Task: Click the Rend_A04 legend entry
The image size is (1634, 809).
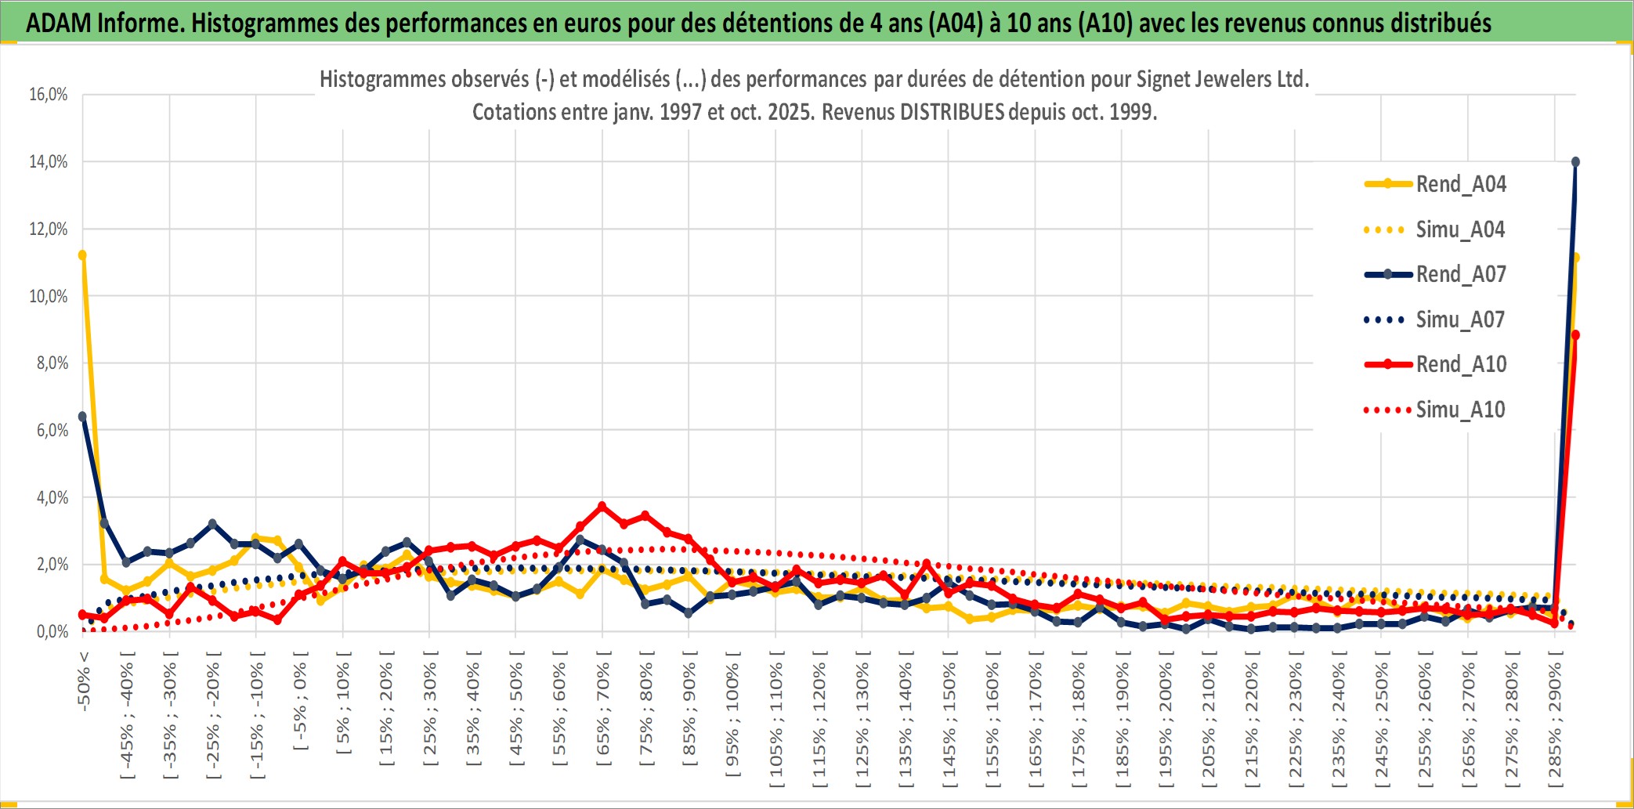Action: click(1460, 184)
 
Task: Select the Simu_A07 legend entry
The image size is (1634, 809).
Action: click(1460, 320)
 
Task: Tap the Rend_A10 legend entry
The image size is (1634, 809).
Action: click(1461, 364)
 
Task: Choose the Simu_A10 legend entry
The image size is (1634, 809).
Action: click(1460, 410)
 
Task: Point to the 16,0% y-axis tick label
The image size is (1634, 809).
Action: click(49, 95)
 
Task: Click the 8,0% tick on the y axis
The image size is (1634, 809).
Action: click(52, 363)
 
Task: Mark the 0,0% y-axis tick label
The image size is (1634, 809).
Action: click(52, 632)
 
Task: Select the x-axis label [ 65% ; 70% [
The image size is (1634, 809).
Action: click(603, 710)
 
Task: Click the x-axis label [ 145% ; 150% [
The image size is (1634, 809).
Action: click(949, 719)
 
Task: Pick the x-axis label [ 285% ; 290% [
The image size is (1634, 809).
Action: click(1556, 719)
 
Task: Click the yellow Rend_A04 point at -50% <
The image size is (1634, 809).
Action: click(82, 255)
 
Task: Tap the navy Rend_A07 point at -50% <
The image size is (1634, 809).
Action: click(82, 417)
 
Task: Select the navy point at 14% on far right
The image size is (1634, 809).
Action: click(1575, 162)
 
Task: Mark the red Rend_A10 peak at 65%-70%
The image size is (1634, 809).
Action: click(602, 506)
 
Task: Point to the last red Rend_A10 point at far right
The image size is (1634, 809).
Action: click(1575, 335)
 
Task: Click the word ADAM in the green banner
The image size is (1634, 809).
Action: click(59, 23)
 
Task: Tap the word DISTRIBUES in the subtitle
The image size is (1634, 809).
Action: click(952, 112)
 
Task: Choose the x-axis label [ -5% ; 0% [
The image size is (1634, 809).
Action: click(300, 700)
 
